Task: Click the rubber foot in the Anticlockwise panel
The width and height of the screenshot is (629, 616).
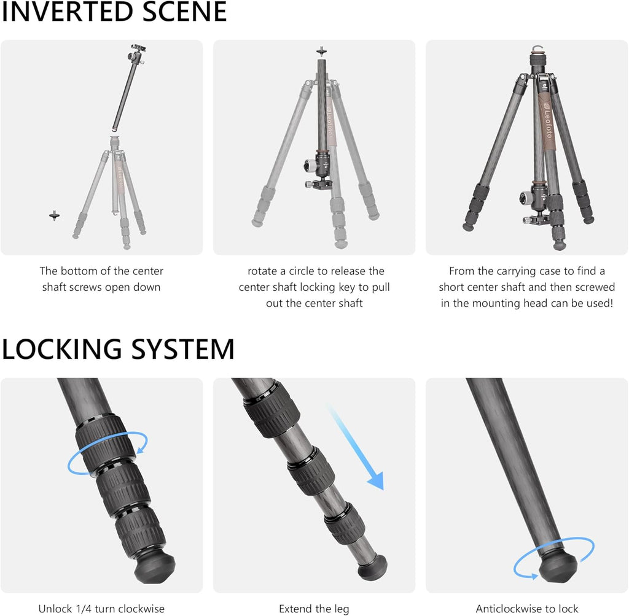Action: pyautogui.click(x=557, y=568)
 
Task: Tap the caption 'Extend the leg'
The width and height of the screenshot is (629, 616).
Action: pyautogui.click(x=314, y=609)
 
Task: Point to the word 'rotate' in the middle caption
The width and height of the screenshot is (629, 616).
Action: pyautogui.click(x=264, y=271)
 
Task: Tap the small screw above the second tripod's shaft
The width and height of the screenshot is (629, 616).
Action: pyautogui.click(x=320, y=51)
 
